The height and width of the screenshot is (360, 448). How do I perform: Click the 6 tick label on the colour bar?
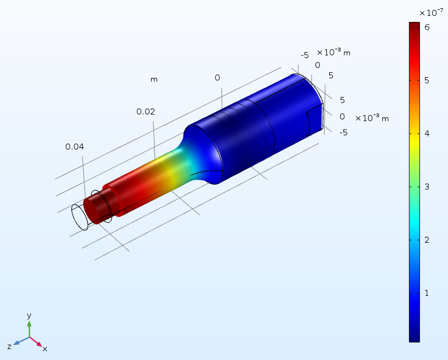(426, 26)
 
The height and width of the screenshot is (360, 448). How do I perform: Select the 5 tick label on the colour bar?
(426, 80)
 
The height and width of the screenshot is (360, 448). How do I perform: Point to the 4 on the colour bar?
(426, 133)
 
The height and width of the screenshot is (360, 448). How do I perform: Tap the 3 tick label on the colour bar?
(426, 187)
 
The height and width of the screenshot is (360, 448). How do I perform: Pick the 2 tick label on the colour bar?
(426, 240)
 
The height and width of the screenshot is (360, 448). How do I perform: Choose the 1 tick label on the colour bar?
(426, 293)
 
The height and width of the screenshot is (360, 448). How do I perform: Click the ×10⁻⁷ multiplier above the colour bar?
(430, 13)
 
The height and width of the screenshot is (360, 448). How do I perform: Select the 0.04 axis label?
(75, 147)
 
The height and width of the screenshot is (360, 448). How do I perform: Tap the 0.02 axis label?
(146, 112)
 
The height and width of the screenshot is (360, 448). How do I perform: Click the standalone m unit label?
(154, 79)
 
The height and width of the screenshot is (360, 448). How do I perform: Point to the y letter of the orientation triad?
(29, 316)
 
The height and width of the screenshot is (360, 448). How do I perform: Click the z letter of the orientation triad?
(10, 346)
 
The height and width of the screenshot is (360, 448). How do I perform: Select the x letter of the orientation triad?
(45, 348)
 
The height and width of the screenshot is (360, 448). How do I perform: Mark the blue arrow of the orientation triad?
(20, 341)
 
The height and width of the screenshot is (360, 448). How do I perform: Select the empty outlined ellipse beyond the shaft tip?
(80, 217)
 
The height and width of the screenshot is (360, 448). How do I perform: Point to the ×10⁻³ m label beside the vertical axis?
(372, 118)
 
